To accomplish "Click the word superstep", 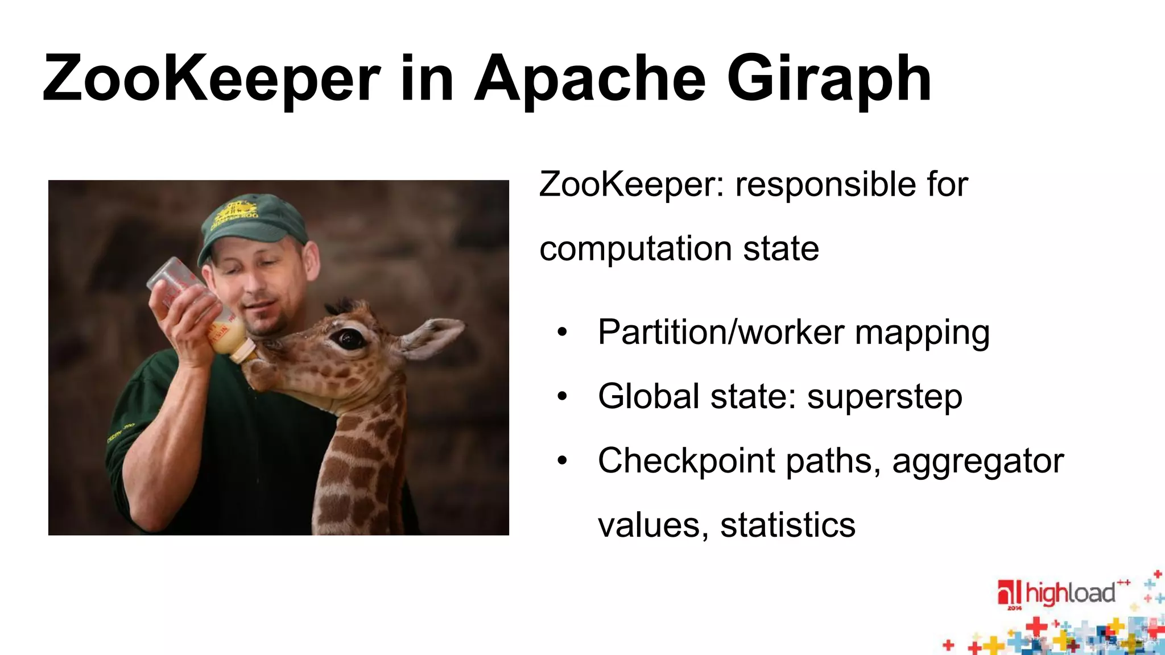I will pos(885,397).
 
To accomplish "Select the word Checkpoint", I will pos(686,461).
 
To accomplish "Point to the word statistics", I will pos(788,525).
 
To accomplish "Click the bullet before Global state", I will pos(562,396).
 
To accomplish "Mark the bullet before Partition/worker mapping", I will pos(562,332).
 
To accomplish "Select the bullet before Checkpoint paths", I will pos(562,461).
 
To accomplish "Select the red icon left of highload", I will pos(1009,592).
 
